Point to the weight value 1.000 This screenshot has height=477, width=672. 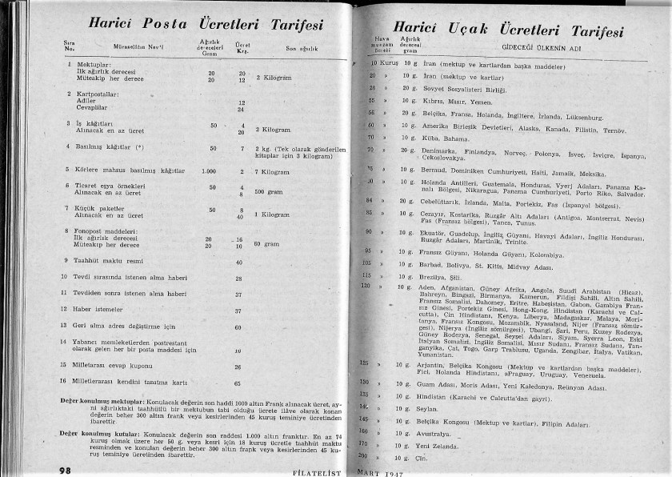(210, 170)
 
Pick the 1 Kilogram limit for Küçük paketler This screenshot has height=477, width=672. (272, 214)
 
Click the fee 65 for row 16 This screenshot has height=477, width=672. (238, 383)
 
